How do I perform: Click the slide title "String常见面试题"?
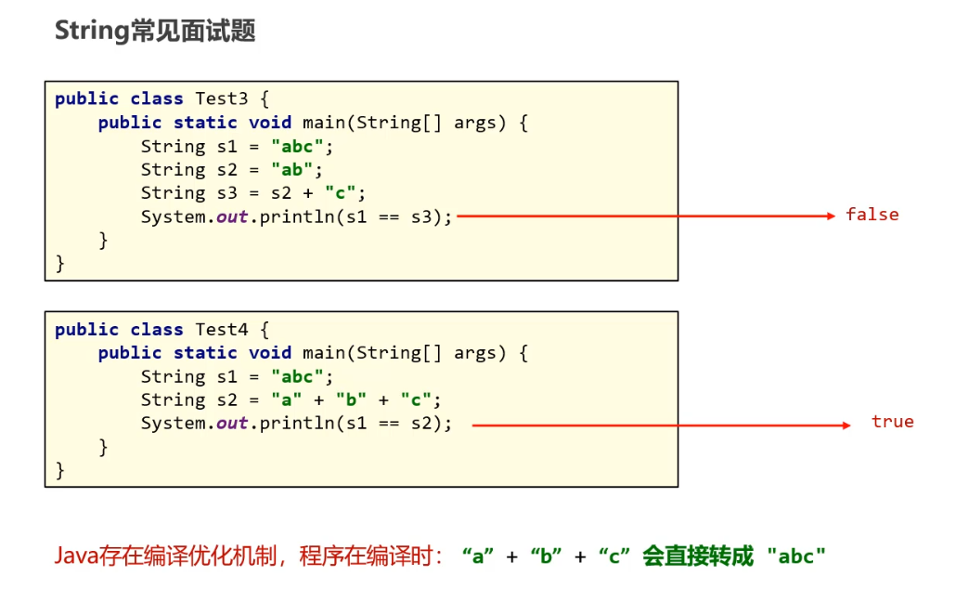pos(155,32)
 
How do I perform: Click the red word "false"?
pos(872,215)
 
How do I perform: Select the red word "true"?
pos(892,422)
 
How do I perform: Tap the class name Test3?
pos(222,98)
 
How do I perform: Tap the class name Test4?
pos(222,329)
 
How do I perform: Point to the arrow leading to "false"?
pos(646,216)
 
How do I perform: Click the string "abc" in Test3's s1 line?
pos(297,146)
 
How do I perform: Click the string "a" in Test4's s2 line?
pos(286,399)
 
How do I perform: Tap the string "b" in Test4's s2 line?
pos(351,399)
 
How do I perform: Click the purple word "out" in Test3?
pos(232,216)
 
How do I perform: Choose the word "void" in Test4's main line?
pos(270,353)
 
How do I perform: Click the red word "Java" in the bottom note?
pos(75,556)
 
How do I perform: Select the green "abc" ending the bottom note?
pos(796,556)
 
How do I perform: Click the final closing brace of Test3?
pos(60,263)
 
